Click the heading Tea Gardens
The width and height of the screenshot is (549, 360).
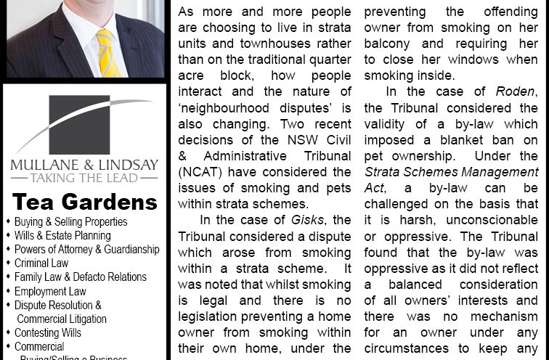(x=85, y=201)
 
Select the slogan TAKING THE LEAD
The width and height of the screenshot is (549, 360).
(x=85, y=177)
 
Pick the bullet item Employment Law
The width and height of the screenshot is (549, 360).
(x=50, y=291)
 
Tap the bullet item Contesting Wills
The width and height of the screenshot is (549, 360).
(x=48, y=332)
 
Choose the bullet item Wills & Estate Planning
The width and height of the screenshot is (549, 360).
(x=62, y=235)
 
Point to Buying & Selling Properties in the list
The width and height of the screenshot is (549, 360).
(x=70, y=221)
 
